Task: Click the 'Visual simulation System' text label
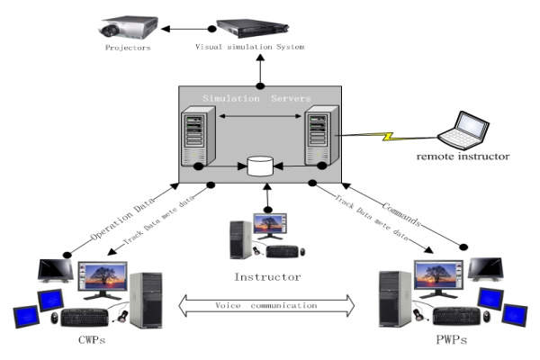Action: click(250, 46)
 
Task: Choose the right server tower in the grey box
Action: click(320, 136)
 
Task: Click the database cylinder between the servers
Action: click(259, 166)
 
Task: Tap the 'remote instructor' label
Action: click(463, 157)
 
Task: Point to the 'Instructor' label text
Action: click(267, 276)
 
